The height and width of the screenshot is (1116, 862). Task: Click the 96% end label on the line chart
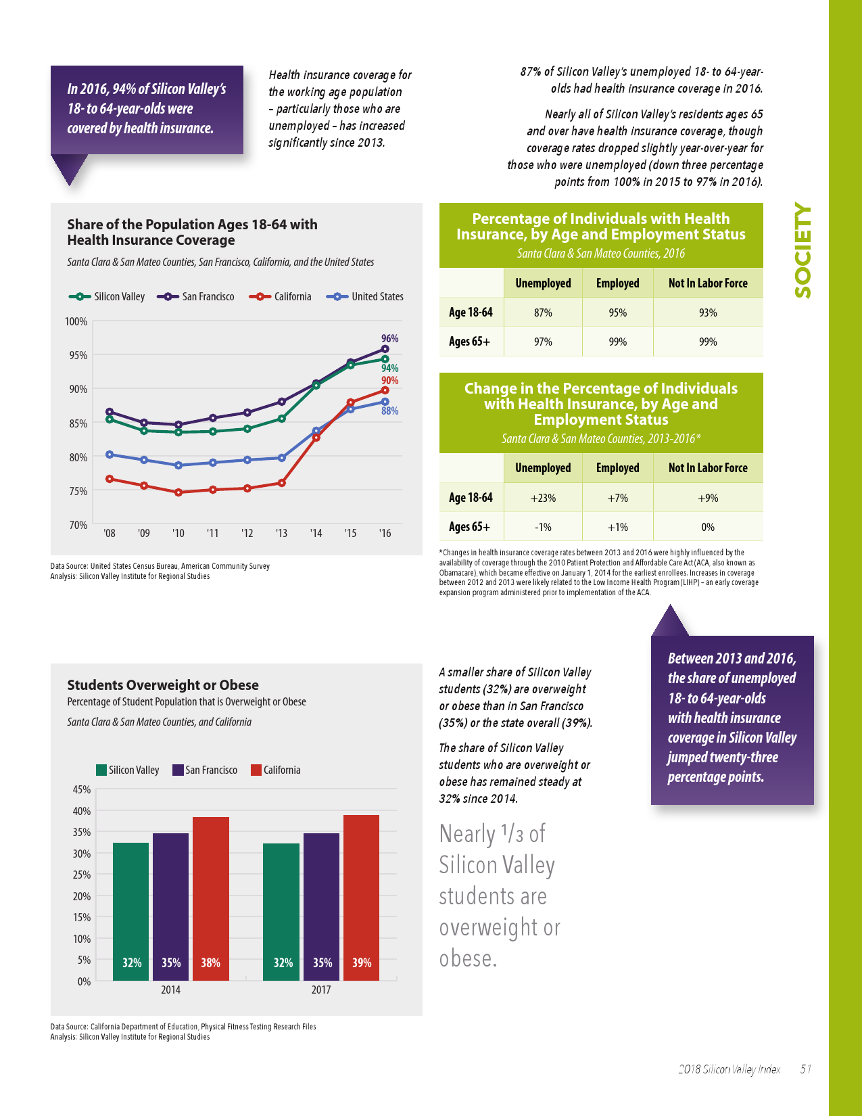click(x=389, y=338)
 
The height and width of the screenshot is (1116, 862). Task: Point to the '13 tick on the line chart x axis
click(x=281, y=533)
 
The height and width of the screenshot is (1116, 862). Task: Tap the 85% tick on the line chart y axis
click(x=78, y=423)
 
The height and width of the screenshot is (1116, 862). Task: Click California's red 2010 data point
click(x=178, y=492)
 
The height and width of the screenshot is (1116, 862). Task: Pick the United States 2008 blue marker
click(x=110, y=455)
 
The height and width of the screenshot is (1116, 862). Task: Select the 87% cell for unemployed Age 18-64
click(x=543, y=312)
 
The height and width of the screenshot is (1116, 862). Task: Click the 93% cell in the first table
click(x=708, y=312)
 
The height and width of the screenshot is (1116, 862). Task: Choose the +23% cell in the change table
click(x=543, y=498)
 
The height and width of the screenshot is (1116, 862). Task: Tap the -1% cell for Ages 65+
click(x=543, y=527)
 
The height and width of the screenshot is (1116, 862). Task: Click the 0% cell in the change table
click(x=708, y=527)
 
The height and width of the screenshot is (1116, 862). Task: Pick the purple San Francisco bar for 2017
click(x=322, y=906)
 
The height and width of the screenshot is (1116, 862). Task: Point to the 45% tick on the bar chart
click(x=81, y=789)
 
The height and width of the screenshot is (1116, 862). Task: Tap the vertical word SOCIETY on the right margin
click(x=803, y=250)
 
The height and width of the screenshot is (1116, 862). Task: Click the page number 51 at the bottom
click(x=805, y=1069)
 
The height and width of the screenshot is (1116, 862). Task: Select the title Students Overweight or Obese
click(x=163, y=684)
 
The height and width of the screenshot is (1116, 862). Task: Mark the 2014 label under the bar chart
click(x=170, y=990)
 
